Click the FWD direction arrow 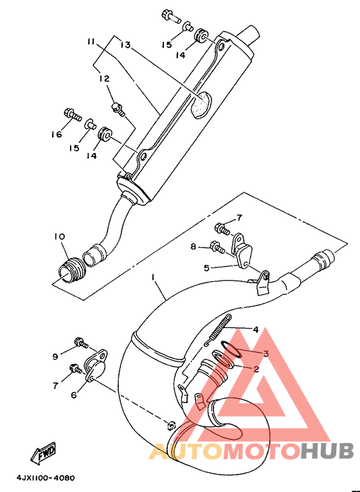coord(43,453)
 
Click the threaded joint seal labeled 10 coord(73,271)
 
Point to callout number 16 coord(57,134)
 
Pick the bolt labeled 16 coord(72,114)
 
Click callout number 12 coord(104,78)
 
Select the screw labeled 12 coord(118,109)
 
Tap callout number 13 coord(125,45)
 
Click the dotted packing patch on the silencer coord(202,105)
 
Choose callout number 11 coord(91,42)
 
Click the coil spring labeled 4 coord(218,330)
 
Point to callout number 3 coord(266,354)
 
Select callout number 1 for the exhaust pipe coord(153,277)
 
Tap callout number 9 coord(55,357)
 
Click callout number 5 coord(206,268)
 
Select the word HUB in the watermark coord(327,451)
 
